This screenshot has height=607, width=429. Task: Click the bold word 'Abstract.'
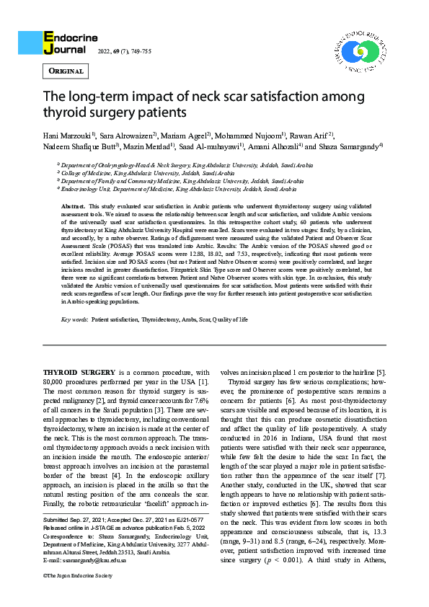[74, 205]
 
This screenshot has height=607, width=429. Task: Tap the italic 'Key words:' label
[74, 318]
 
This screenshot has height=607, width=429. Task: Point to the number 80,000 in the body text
[57, 381]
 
